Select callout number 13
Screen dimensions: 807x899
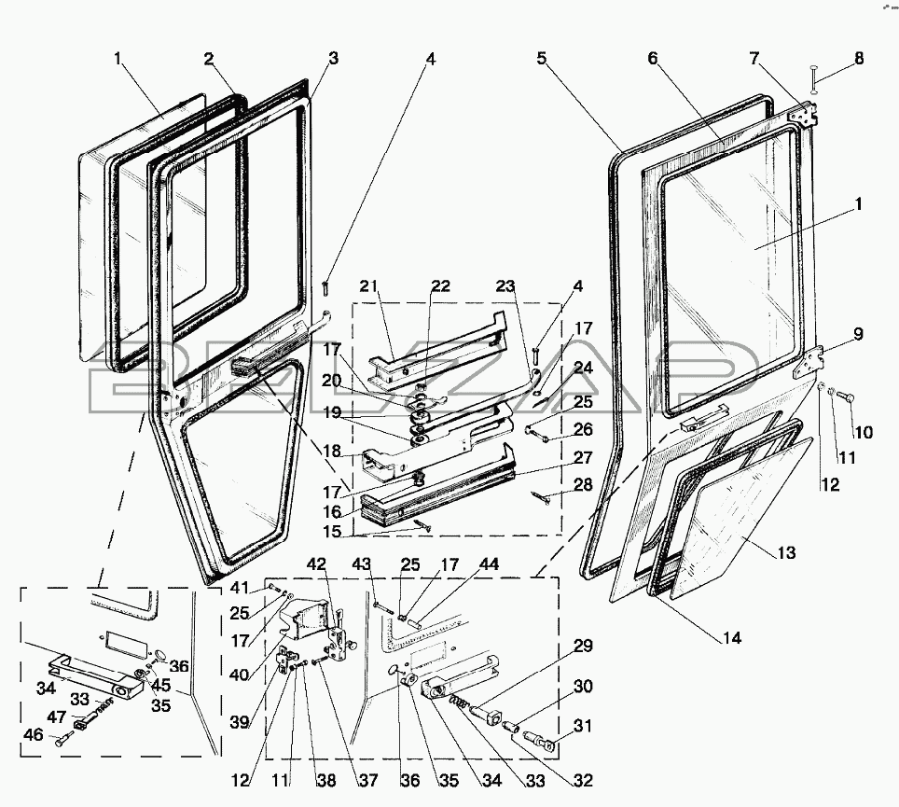785,553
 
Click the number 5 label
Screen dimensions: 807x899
541,58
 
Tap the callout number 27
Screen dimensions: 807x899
583,458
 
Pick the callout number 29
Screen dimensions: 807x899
583,646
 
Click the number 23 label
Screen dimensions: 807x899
505,285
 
